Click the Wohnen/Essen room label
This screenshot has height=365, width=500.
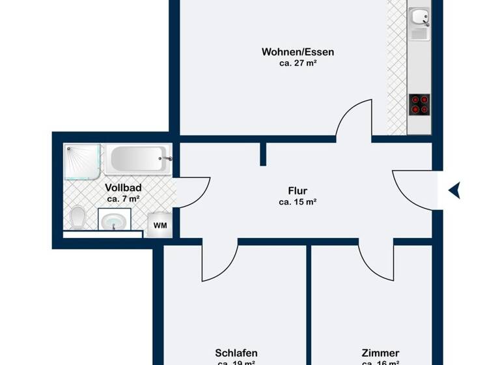point(292,51)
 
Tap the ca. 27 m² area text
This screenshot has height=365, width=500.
point(292,63)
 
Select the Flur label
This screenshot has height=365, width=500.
point(298,191)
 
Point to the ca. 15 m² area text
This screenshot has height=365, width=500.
point(298,203)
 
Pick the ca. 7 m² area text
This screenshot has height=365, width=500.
point(124,199)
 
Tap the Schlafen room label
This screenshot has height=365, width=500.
point(236,353)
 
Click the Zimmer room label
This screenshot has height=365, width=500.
point(380,353)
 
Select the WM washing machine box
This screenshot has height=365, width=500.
point(160,226)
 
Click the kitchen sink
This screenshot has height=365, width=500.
point(419,24)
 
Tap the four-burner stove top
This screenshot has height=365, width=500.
point(419,104)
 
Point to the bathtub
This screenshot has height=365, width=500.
point(138,158)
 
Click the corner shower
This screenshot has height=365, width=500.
point(83,161)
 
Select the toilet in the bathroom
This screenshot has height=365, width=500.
point(77,217)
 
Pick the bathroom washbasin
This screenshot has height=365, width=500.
point(113,220)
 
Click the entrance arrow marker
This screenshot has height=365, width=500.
point(454,190)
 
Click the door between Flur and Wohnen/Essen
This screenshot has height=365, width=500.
point(353,121)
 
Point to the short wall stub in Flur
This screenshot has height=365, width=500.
point(263,154)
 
